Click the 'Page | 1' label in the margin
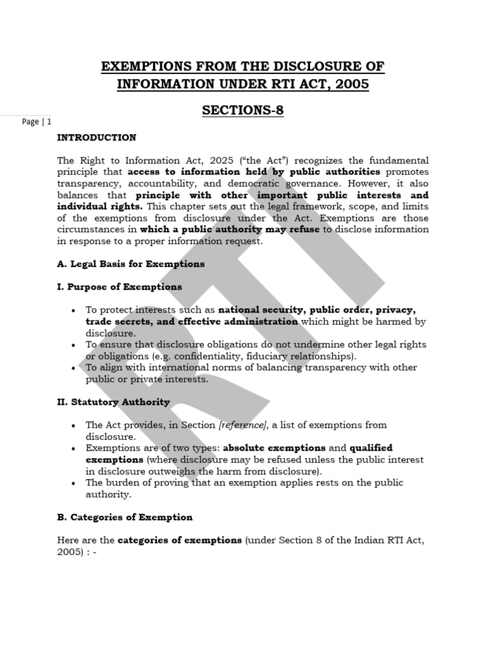coord(36,121)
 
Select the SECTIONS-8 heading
coord(242,111)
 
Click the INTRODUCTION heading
coord(96,137)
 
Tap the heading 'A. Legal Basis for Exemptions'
coord(130,264)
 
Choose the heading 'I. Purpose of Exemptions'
coord(119,287)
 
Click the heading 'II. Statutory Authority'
coord(113,402)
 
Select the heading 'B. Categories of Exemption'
coord(125,517)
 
